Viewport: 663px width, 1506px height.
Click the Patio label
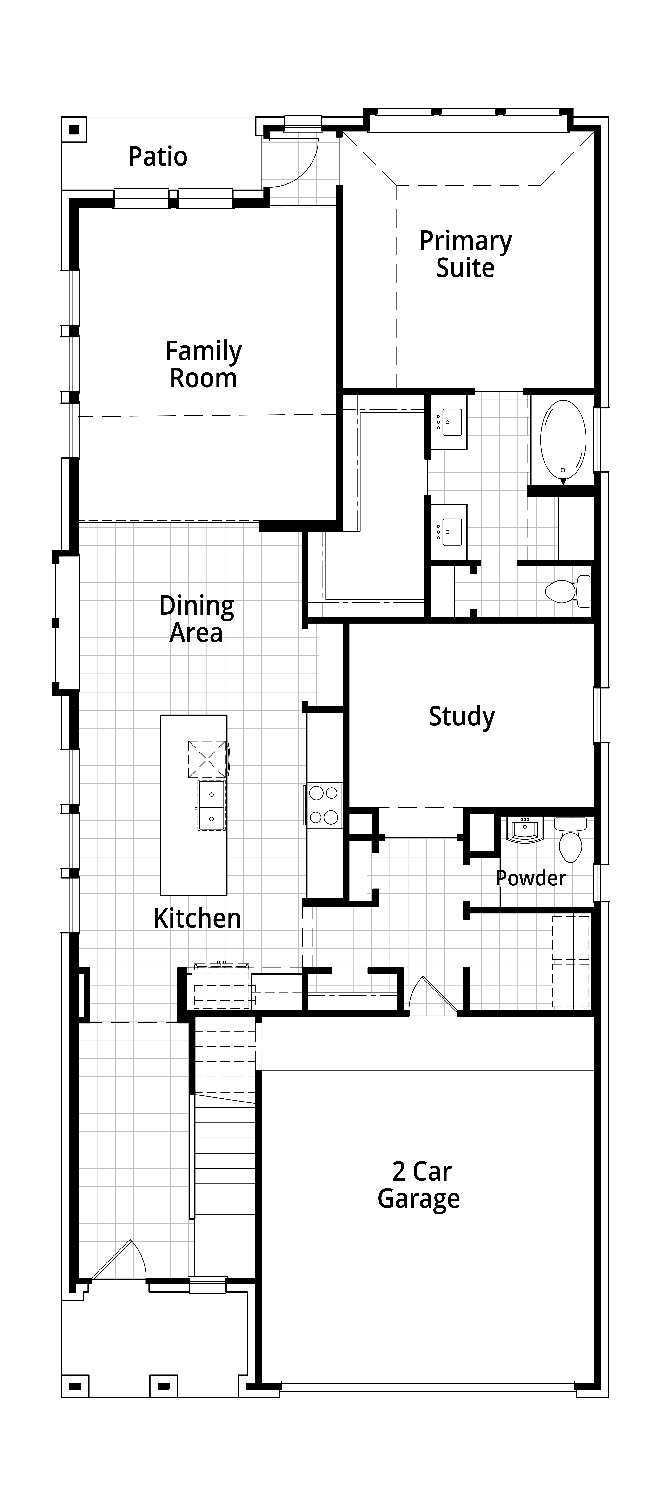click(158, 157)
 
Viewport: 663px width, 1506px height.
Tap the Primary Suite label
click(466, 254)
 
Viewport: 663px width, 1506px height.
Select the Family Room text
click(203, 364)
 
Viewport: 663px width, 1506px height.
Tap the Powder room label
click(531, 878)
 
